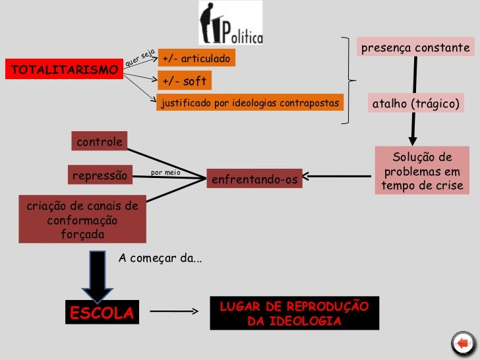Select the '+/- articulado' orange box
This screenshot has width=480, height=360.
click(196, 60)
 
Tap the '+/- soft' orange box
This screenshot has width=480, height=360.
click(185, 82)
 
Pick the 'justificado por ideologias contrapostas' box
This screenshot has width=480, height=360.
click(250, 104)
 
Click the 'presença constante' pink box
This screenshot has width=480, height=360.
click(414, 48)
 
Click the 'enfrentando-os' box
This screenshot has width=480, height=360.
click(254, 179)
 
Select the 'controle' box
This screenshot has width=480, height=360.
click(100, 142)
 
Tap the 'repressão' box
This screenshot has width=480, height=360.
click(99, 175)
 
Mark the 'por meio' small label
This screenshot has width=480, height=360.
click(165, 173)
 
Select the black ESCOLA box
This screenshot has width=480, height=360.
click(102, 313)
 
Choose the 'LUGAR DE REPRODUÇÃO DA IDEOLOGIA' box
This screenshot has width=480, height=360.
click(294, 313)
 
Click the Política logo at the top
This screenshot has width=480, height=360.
click(231, 24)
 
